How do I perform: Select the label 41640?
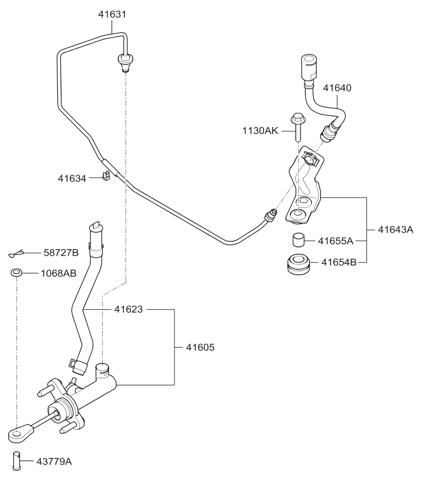(x=337, y=88)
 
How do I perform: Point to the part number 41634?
(x=72, y=178)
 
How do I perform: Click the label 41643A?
(x=396, y=230)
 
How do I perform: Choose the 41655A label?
(x=336, y=241)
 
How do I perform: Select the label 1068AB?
(x=59, y=273)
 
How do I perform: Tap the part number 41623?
(x=128, y=310)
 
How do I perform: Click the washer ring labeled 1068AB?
(x=16, y=273)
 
